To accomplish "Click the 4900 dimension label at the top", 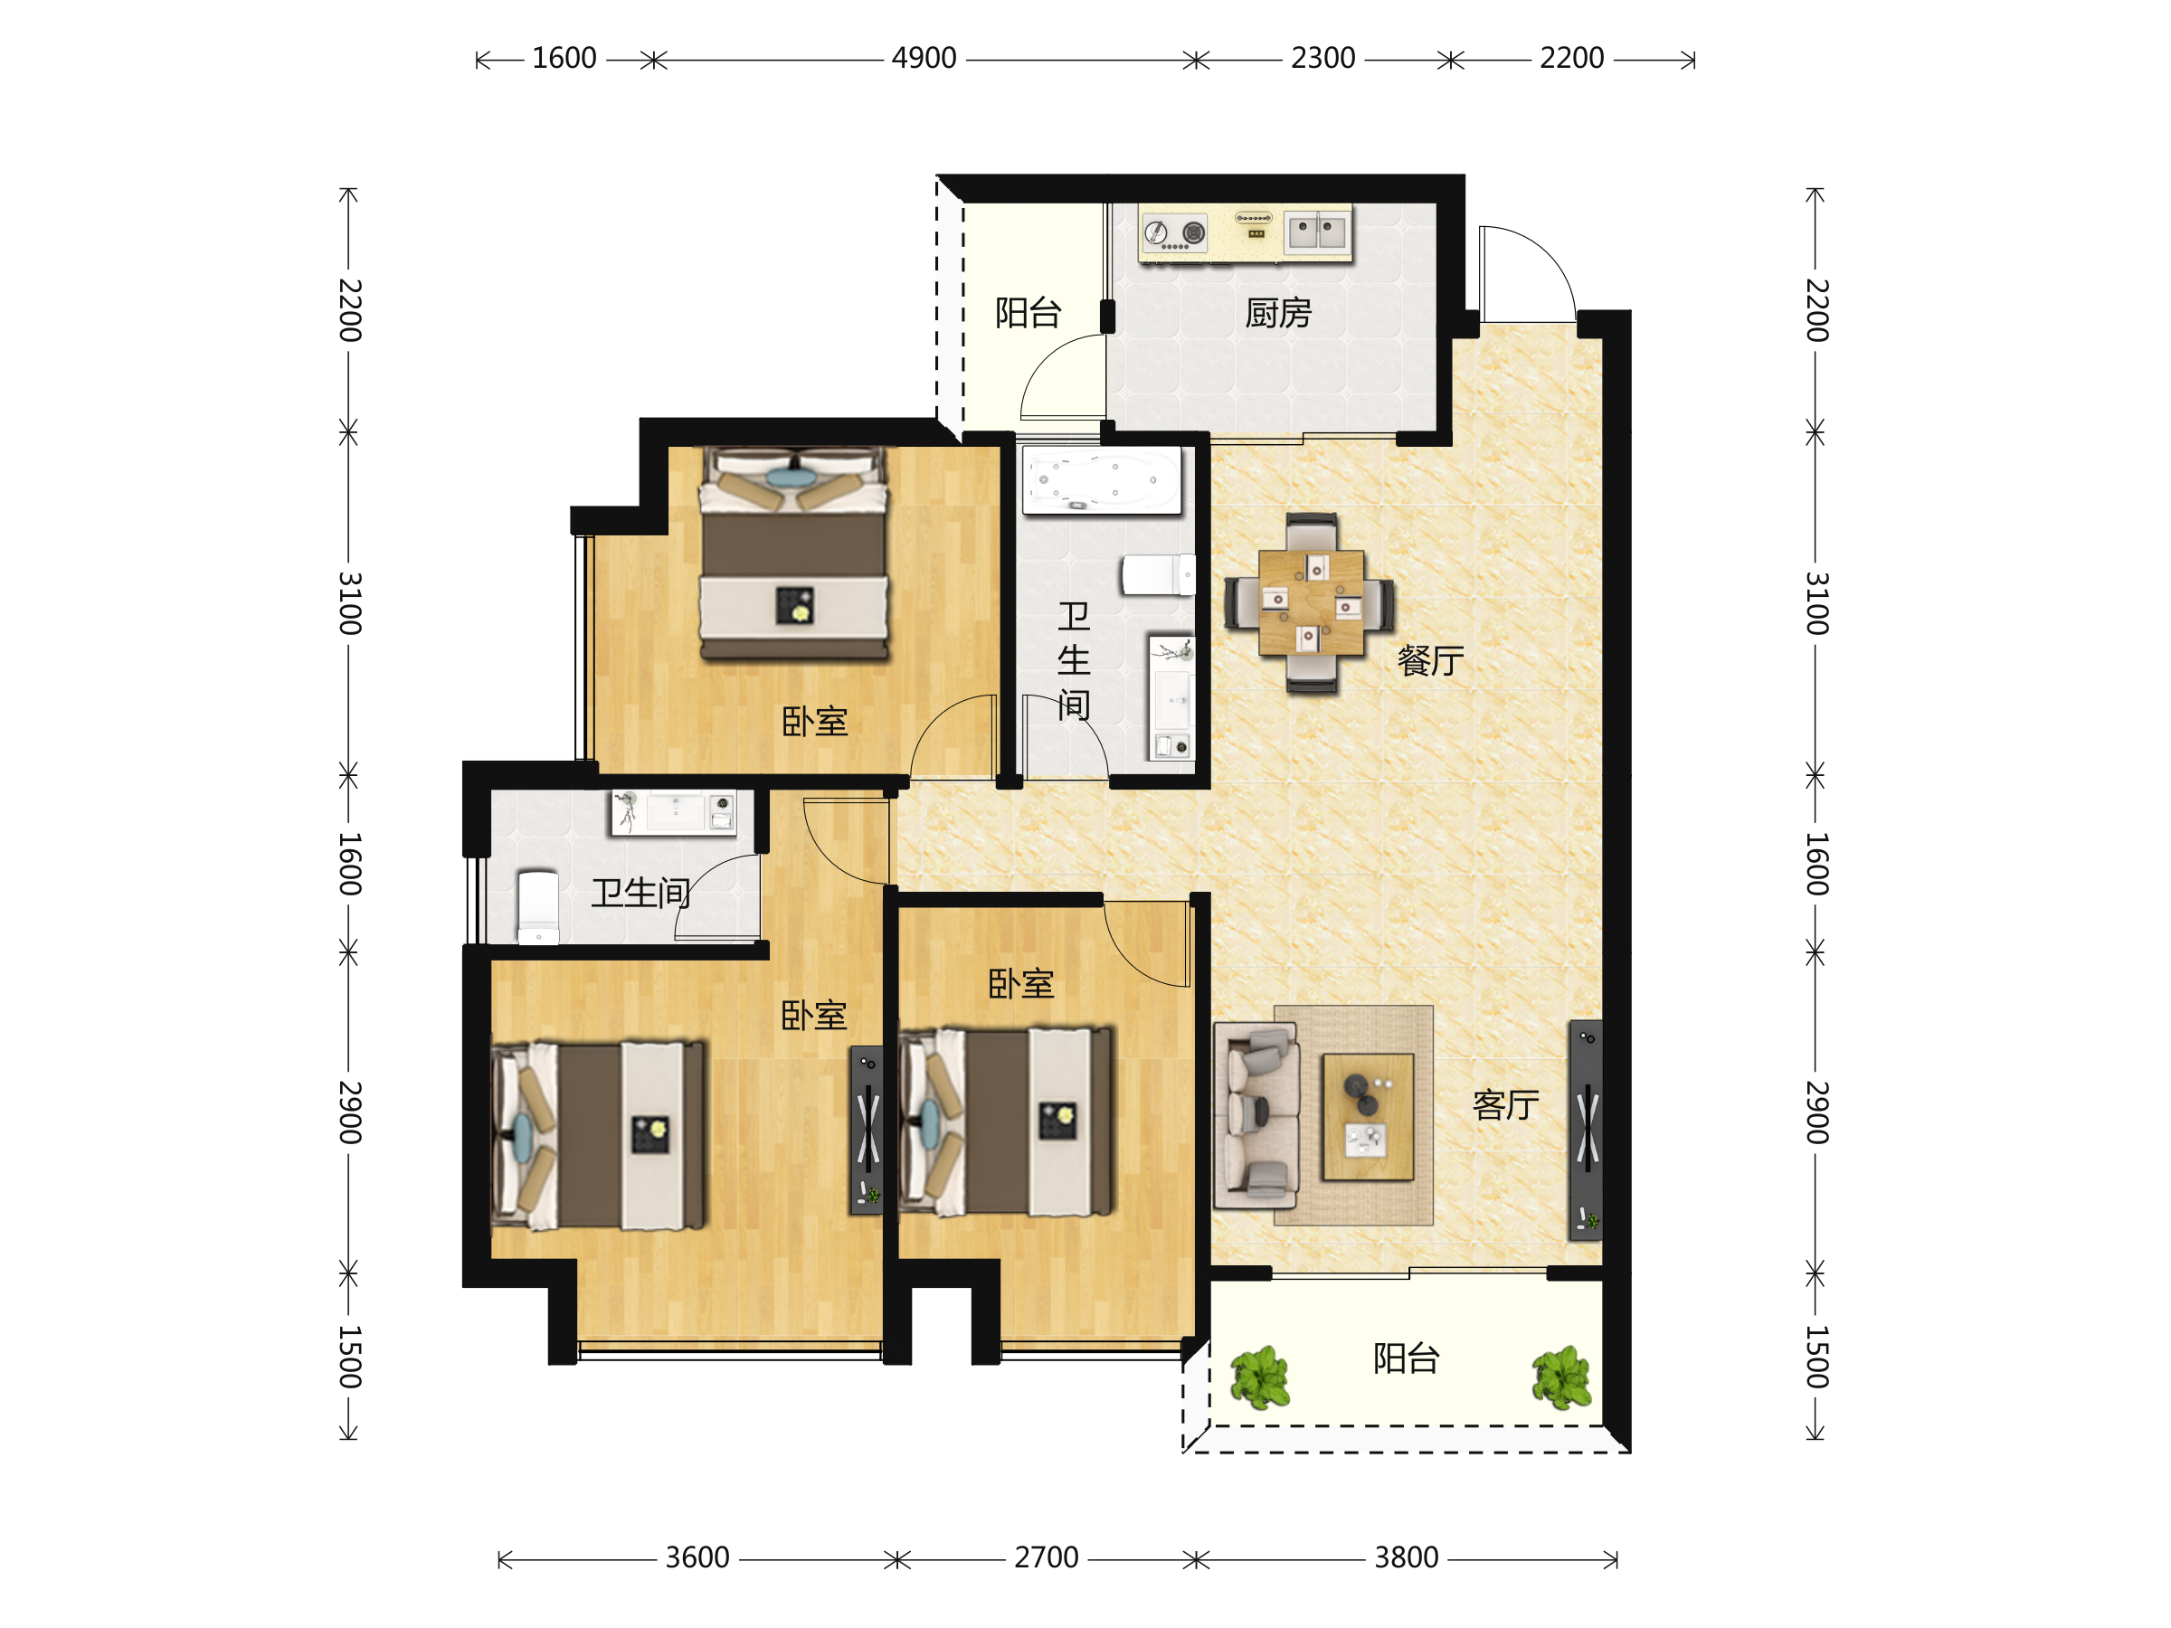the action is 924,59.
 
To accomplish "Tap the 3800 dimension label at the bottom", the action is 1406,1558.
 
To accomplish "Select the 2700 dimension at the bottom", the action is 1047,1558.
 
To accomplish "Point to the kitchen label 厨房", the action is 1278,313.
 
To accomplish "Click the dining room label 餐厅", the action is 1430,660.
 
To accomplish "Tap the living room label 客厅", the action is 1505,1105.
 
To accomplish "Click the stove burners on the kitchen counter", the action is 1175,232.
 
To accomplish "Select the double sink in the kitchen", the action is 1317,232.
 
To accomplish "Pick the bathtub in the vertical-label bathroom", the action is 1101,480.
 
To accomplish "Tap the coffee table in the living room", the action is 1367,1117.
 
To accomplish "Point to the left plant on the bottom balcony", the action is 1259,1377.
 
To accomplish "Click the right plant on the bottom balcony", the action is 1561,1377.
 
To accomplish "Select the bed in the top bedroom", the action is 794,553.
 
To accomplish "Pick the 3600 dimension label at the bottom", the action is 697,1558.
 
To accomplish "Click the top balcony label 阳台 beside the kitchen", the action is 1028,313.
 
